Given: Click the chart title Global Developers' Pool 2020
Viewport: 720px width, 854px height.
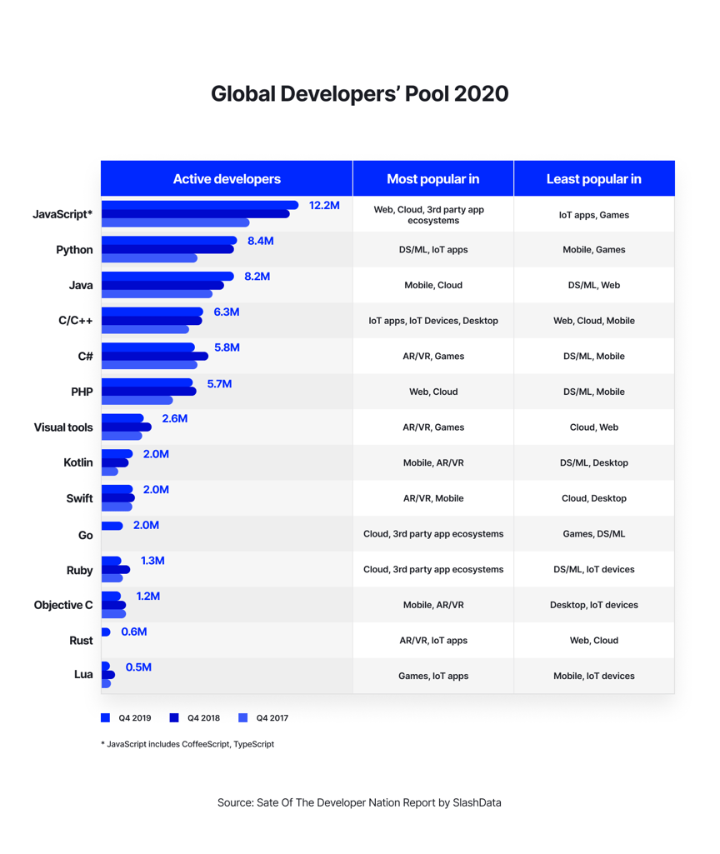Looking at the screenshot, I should pos(359,93).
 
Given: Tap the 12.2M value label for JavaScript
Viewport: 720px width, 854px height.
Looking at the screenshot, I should pos(324,205).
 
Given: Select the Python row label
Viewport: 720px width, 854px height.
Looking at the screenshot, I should pos(74,250).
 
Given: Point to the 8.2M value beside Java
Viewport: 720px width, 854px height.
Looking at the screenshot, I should pos(257,277).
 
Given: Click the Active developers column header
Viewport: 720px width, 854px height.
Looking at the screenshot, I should pos(227,179).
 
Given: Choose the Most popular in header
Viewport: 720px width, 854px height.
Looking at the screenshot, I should pos(432,179).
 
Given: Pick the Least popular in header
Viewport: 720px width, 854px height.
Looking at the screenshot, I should pos(593,179).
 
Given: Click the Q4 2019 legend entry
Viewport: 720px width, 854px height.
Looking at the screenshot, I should pos(126,717).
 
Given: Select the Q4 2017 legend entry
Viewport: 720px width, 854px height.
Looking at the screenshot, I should pos(263,717).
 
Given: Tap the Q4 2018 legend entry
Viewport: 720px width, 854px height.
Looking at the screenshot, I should pos(195,717).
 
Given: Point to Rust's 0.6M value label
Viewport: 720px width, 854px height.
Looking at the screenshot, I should pos(134,632).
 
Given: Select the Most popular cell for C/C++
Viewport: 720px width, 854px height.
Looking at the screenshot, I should pos(433,320).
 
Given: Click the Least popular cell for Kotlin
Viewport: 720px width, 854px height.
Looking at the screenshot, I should pos(594,462).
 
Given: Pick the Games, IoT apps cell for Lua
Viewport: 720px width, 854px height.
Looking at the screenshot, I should pos(433,676).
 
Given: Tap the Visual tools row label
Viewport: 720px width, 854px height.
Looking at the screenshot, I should pos(63,427).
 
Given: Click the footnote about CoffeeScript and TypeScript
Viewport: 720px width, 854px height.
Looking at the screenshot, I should pos(187,744).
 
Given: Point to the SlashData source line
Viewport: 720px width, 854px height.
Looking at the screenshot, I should pos(359,803).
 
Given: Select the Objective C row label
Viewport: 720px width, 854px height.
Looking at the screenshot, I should pos(63,606).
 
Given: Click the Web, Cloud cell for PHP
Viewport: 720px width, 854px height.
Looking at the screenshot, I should pos(433,392).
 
